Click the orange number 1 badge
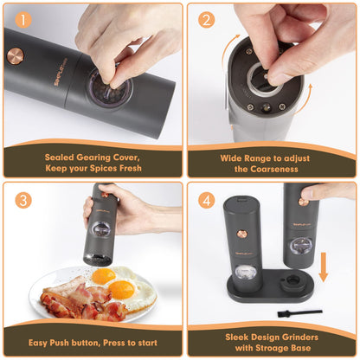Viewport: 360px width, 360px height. click(x=23, y=20)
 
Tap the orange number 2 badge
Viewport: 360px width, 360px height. click(x=206, y=20)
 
